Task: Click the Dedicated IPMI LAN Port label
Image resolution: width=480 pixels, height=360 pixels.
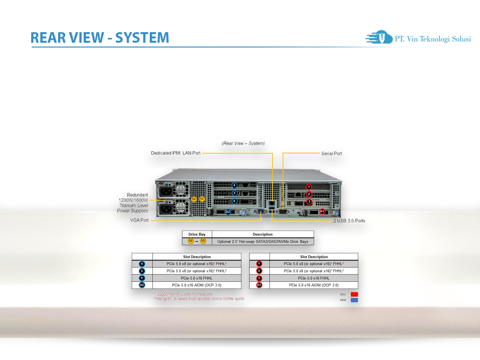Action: click(176, 153)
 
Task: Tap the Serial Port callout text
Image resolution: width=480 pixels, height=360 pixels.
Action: click(332, 154)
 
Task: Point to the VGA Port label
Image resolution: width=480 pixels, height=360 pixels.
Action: click(139, 220)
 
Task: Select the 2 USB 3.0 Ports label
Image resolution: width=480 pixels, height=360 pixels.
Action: click(349, 221)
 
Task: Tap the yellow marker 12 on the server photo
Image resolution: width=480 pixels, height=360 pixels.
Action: click(194, 199)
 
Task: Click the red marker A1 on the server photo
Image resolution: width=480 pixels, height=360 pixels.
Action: click(322, 211)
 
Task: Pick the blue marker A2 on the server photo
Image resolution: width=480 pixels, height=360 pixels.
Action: click(228, 212)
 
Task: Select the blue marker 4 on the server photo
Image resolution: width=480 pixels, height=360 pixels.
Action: click(235, 185)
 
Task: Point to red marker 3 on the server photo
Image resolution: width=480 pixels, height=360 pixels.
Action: click(309, 202)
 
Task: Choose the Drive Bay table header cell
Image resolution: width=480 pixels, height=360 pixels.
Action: click(197, 234)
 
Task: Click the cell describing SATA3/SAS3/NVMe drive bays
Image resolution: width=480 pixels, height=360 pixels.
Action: click(263, 241)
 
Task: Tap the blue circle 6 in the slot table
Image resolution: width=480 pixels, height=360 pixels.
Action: click(142, 278)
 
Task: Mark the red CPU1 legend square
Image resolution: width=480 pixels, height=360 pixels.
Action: click(354, 294)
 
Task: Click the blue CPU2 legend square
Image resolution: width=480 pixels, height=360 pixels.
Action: click(354, 300)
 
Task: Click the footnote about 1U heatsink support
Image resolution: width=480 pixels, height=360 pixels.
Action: click(183, 294)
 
